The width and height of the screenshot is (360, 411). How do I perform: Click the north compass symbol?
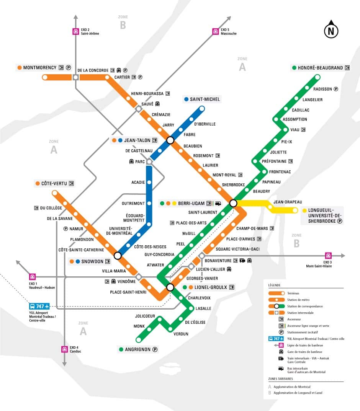(x=331, y=31)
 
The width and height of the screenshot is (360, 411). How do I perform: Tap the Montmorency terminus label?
(x=39, y=68)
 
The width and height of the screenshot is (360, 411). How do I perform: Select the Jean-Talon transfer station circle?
(x=170, y=140)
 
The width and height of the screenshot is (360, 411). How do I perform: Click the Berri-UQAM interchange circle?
(x=233, y=203)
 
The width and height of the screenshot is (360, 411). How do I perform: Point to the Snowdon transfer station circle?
(x=118, y=255)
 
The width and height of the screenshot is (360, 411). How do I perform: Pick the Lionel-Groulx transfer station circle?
(x=170, y=287)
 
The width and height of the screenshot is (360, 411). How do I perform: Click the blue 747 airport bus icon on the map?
(x=39, y=307)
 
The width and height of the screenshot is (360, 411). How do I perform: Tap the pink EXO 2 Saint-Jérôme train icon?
(x=75, y=31)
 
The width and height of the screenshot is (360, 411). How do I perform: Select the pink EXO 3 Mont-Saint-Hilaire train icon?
(x=328, y=256)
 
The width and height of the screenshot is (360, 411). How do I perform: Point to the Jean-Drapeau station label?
(x=288, y=202)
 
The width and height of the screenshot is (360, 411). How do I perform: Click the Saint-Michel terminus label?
(x=205, y=99)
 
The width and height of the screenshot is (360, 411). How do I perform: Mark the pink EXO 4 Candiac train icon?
(x=64, y=349)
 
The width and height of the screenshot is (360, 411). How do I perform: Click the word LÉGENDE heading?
(x=274, y=285)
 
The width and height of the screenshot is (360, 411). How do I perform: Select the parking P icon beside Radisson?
(x=336, y=89)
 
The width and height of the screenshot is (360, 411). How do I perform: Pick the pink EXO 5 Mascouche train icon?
(x=215, y=31)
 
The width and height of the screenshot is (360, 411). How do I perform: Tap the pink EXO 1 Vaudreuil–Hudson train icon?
(x=33, y=276)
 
